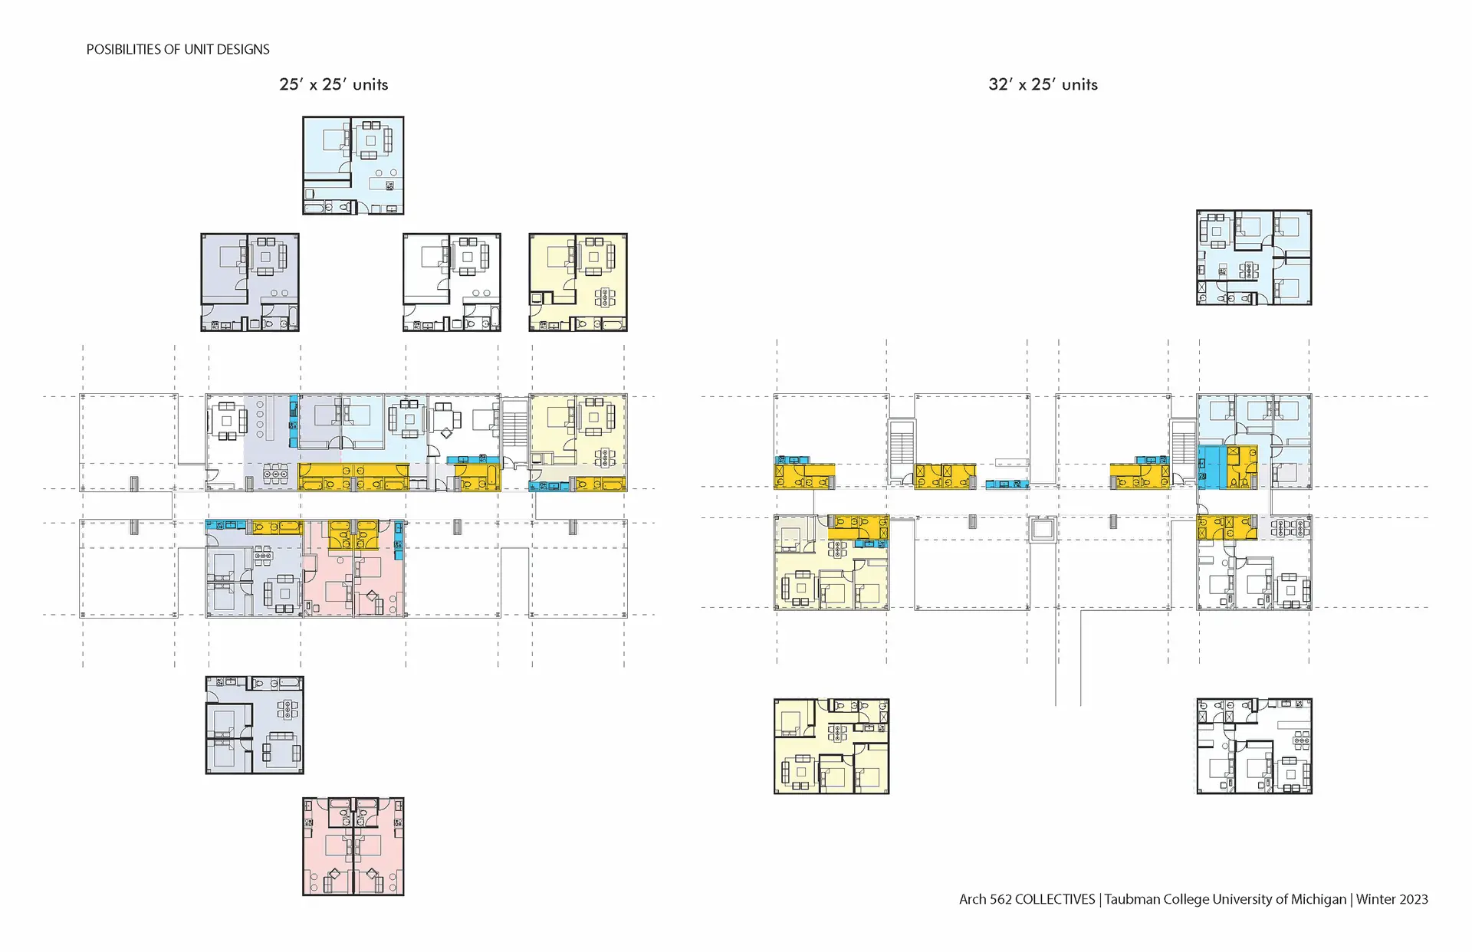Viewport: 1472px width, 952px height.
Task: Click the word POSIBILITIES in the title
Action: coord(123,49)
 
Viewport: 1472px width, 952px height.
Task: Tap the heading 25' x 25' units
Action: coord(333,84)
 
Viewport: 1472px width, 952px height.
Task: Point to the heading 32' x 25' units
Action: coord(1043,84)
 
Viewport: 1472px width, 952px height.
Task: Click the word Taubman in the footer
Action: coord(1132,899)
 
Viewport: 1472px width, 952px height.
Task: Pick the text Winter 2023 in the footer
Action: coord(1391,899)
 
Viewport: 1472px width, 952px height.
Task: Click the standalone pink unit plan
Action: coord(353,846)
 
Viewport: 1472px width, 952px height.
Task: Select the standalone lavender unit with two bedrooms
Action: coord(255,725)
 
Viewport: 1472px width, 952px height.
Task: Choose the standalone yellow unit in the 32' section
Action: coord(832,746)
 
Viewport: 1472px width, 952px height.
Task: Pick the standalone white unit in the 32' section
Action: coord(1254,746)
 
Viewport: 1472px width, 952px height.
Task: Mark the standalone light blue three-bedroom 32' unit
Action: coord(1254,258)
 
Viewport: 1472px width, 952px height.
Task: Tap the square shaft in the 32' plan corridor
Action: coord(1043,529)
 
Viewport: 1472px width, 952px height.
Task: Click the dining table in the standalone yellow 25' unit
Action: coord(605,297)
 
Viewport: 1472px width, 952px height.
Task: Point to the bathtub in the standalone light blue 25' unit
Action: coord(316,207)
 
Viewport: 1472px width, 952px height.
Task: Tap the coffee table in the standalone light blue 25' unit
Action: coord(371,141)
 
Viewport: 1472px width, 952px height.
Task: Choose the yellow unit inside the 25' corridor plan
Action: coord(578,442)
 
